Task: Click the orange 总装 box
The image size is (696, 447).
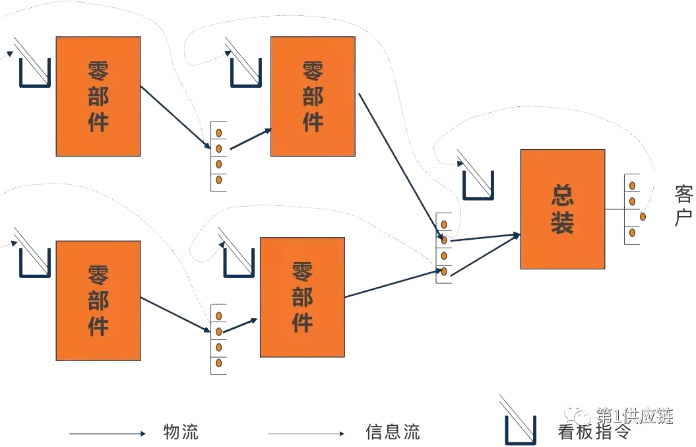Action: click(x=562, y=209)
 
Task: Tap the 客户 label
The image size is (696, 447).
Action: click(x=683, y=205)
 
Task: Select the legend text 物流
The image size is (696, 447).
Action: click(x=180, y=432)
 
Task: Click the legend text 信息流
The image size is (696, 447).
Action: click(x=393, y=432)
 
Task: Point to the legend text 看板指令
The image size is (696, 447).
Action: click(x=594, y=432)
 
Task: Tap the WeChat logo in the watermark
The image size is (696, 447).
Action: click(x=581, y=416)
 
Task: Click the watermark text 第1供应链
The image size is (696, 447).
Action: click(x=634, y=415)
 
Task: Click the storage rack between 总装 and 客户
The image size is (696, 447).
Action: click(x=632, y=209)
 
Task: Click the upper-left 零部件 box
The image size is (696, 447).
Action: click(x=98, y=96)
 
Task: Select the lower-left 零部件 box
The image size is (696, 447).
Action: click(x=98, y=300)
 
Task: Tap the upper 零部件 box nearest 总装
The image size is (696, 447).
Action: click(x=313, y=96)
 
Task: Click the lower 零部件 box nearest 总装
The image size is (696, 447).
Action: click(x=302, y=297)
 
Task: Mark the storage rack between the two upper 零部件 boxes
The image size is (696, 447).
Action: click(x=218, y=156)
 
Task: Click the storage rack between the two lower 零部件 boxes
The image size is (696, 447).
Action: click(x=218, y=339)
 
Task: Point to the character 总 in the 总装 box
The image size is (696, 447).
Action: click(x=562, y=194)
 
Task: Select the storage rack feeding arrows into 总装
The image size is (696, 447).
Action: click(x=444, y=248)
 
